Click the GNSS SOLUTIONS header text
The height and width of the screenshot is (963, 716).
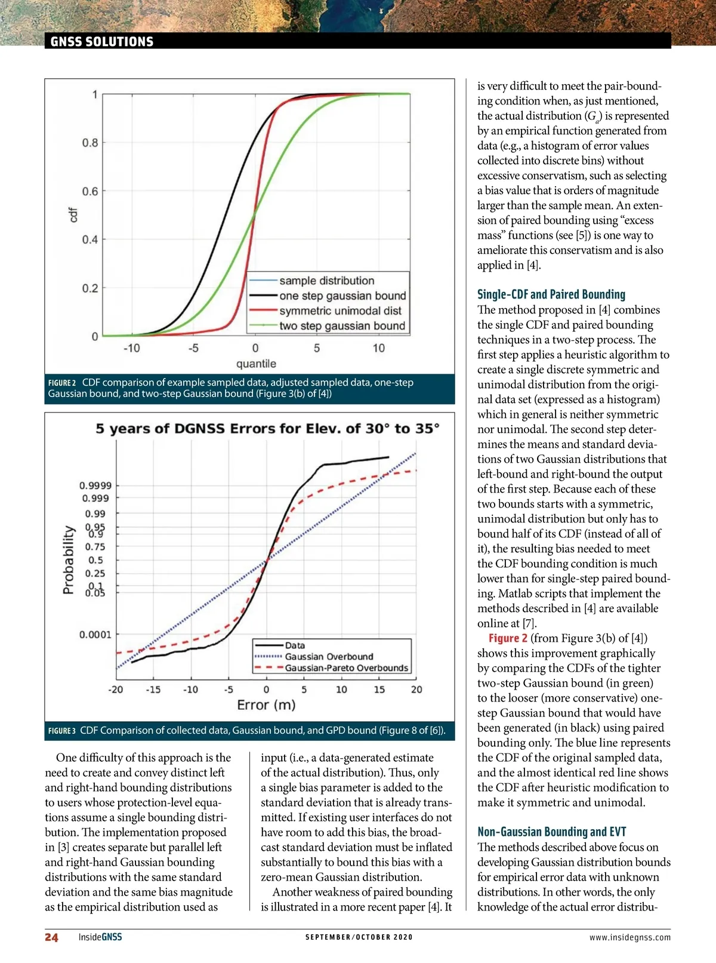tap(102, 42)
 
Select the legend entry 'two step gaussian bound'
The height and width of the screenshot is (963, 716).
tap(342, 326)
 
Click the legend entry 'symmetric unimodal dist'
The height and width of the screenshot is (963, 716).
tap(340, 311)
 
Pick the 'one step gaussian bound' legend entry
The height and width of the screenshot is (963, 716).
tap(342, 296)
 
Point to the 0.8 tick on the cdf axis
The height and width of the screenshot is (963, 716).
tap(90, 143)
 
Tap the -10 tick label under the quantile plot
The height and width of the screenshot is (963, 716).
tap(131, 348)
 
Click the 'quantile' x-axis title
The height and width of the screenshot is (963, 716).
tap(256, 364)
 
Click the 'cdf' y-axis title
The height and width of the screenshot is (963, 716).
tap(73, 215)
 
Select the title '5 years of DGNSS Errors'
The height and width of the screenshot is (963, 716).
tap(267, 429)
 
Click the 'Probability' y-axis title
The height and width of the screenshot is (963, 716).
tap(69, 559)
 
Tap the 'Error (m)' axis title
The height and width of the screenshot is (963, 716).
tap(266, 705)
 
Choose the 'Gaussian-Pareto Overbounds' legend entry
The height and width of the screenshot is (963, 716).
tap(346, 668)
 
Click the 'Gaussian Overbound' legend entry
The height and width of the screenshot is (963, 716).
tap(329, 657)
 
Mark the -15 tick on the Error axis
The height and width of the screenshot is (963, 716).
tap(153, 690)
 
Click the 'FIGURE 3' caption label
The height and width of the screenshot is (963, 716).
tap(62, 731)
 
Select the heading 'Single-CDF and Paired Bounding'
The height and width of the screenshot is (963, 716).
tap(551, 294)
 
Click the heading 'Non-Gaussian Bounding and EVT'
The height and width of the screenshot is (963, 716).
tap(551, 832)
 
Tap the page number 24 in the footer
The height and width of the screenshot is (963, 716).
tap(52, 937)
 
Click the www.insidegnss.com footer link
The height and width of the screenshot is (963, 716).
tap(629, 937)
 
